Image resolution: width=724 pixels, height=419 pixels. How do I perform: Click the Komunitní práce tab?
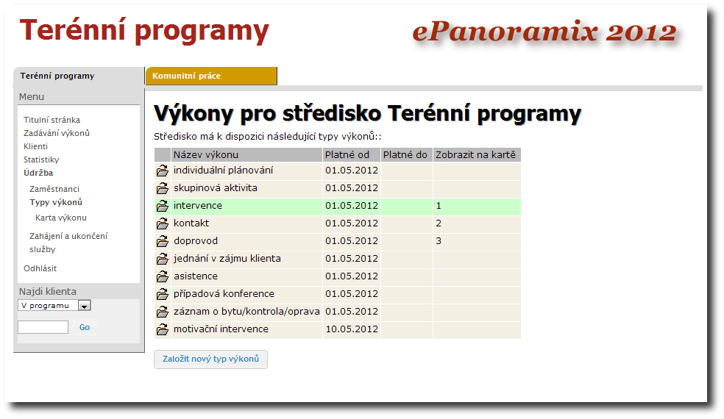point(187,76)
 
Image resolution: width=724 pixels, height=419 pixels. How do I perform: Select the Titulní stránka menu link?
point(52,120)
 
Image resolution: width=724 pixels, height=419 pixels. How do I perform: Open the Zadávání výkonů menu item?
point(57,133)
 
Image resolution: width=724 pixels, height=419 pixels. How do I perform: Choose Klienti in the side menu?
point(35,146)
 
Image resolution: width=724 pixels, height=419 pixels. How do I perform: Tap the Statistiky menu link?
point(41,160)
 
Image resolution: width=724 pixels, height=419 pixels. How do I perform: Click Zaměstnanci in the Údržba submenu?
point(54,189)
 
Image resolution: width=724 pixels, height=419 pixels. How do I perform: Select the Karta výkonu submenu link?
point(61,218)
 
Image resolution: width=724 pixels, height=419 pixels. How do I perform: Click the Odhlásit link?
point(40,268)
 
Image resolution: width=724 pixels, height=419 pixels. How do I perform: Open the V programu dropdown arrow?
point(84,306)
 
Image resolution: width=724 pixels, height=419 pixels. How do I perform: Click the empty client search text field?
point(43,327)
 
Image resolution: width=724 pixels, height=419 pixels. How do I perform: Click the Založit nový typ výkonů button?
point(210,359)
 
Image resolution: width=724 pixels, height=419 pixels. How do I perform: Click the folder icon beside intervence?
point(162,206)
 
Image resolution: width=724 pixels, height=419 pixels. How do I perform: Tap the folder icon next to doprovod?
point(162,241)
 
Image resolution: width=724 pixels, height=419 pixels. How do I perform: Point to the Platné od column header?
point(347,154)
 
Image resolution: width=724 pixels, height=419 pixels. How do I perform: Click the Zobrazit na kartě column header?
point(476,154)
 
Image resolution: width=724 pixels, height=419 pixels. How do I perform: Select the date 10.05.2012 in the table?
point(351,329)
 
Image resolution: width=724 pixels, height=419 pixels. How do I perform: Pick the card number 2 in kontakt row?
point(439,223)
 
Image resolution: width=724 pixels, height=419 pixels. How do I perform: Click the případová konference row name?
point(224,294)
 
